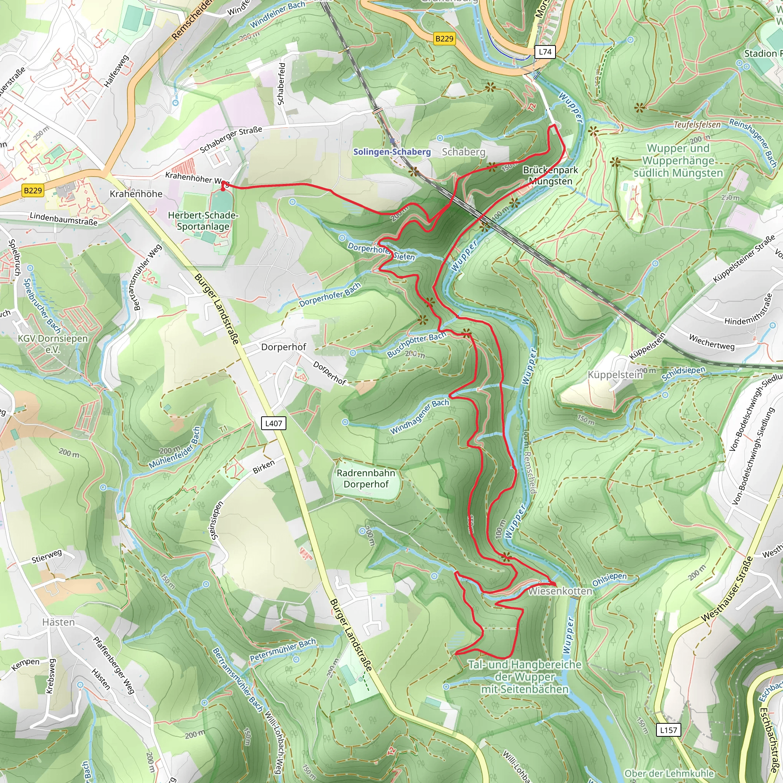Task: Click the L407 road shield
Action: (x=274, y=424)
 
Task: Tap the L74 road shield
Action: (x=545, y=52)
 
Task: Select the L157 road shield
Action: (x=668, y=730)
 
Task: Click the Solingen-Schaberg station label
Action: (x=391, y=151)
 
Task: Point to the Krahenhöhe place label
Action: (x=136, y=194)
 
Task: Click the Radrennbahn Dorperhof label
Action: (x=366, y=479)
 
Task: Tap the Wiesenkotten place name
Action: (x=560, y=591)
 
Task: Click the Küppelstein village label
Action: (x=615, y=374)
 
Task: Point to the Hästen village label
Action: (x=59, y=622)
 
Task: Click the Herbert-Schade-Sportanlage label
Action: (x=203, y=221)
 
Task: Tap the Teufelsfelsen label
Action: (x=697, y=125)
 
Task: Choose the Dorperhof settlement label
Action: (x=283, y=347)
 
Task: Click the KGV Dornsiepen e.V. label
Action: (x=53, y=344)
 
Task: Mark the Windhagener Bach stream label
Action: (x=419, y=417)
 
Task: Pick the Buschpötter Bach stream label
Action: (x=416, y=344)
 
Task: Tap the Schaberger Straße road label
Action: (x=231, y=140)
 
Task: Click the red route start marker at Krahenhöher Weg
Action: (x=223, y=189)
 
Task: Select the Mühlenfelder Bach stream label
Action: (x=175, y=448)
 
